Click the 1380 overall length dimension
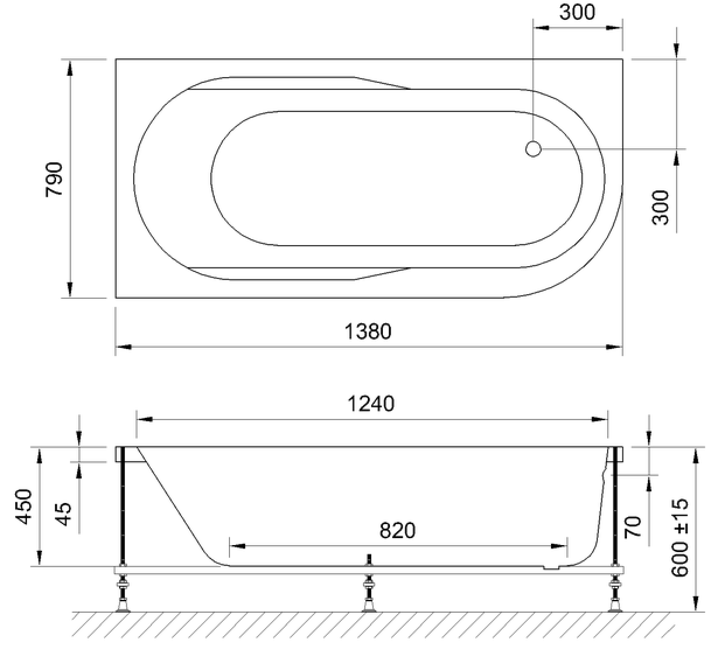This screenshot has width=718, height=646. point(368,331)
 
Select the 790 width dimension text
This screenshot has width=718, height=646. point(54,179)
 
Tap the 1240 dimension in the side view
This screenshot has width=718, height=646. point(371,404)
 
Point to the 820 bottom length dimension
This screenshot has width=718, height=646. point(398,530)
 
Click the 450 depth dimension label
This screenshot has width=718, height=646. point(24,507)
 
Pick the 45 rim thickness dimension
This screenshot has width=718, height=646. point(64,514)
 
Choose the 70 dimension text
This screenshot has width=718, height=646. point(632,527)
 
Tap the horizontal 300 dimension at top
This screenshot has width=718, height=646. point(577,12)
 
